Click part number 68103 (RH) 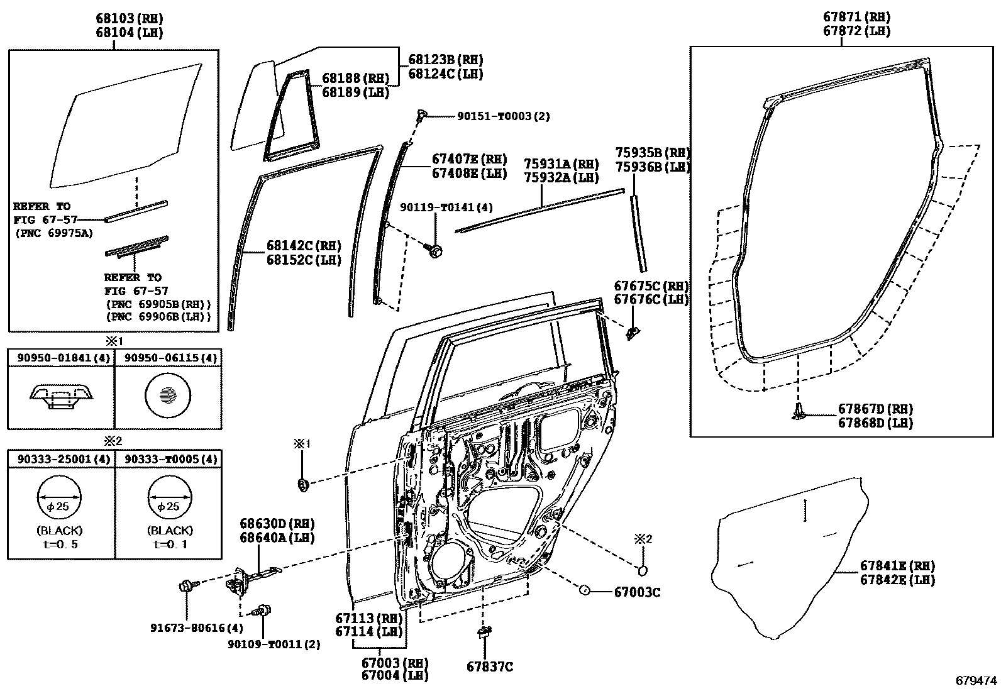(129, 18)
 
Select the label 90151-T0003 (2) (503, 116)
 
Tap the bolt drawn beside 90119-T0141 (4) (434, 251)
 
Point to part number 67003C (637, 592)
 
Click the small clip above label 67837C (485, 633)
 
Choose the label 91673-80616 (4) (197, 628)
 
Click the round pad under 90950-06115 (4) (168, 395)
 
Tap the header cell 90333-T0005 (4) (170, 459)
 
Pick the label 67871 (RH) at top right (856, 17)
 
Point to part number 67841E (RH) (897, 566)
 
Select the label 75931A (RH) (561, 164)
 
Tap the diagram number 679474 (976, 681)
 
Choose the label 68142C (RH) (304, 245)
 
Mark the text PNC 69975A (54, 233)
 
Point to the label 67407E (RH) (469, 159)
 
